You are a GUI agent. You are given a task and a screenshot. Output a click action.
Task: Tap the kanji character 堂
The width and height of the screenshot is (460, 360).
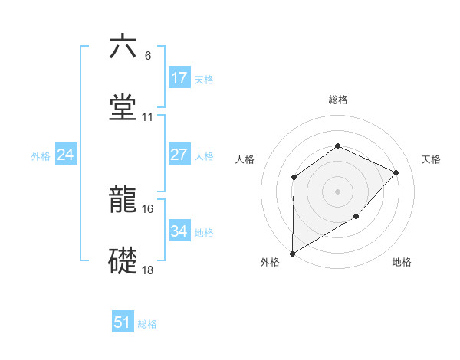[123, 108]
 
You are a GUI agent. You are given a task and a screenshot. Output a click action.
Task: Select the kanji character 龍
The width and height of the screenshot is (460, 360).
[123, 201]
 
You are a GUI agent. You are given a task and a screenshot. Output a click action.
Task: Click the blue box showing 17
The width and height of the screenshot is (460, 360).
[179, 77]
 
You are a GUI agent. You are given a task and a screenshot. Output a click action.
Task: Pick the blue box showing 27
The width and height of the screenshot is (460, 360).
[179, 155]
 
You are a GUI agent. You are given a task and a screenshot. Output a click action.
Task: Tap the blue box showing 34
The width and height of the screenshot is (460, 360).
[179, 231]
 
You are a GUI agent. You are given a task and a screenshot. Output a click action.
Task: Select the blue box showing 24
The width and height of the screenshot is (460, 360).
[66, 155]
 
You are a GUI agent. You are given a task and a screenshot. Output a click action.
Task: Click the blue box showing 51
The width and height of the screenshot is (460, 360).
[123, 322]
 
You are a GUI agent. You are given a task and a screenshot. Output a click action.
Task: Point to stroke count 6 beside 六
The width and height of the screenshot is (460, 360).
[148, 55]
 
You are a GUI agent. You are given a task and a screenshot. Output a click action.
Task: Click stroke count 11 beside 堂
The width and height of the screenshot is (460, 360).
[148, 117]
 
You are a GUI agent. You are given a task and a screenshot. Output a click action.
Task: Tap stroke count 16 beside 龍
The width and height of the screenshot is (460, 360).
[148, 209]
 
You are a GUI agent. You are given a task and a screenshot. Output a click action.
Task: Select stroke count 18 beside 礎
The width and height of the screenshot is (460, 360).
[148, 270]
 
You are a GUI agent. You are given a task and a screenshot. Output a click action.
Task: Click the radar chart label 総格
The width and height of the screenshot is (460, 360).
[337, 100]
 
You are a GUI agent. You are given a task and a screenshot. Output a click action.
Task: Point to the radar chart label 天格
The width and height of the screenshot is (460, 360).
[432, 159]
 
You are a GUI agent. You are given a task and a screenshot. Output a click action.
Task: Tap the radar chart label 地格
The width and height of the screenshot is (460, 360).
[402, 262]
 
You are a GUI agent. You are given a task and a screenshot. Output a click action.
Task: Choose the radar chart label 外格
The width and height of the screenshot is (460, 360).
[270, 262]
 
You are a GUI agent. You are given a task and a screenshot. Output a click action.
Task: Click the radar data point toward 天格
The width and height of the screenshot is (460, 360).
[396, 172]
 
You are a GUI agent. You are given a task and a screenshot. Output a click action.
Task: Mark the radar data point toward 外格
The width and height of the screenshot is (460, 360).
[292, 253]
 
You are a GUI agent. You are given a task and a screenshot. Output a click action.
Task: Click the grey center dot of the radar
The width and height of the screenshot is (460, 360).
[337, 191]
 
